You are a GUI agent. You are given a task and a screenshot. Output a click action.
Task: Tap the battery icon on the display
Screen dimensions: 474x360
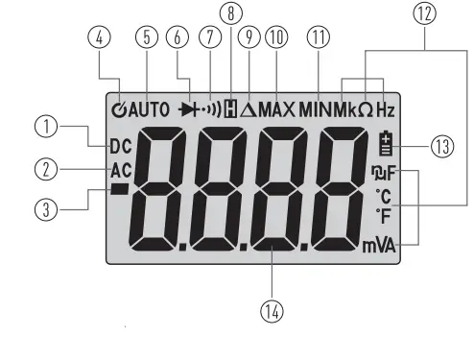[x=386, y=144]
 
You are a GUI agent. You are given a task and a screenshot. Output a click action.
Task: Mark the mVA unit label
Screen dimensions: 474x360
[x=378, y=245]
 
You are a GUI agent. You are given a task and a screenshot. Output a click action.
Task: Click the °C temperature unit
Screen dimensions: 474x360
[x=384, y=198]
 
